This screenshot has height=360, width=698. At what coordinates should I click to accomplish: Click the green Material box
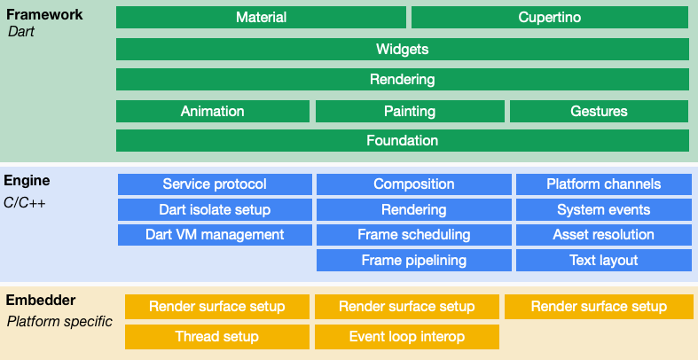point(261,18)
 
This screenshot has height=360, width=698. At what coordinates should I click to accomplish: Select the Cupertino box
point(549,18)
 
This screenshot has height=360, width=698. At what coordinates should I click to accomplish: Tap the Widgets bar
point(402,49)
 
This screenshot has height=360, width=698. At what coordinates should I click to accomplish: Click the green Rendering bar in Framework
point(402,80)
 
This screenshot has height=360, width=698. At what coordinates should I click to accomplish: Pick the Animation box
point(213,111)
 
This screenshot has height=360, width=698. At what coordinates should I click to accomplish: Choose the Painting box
point(410,111)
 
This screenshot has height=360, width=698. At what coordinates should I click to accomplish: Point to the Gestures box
point(599,111)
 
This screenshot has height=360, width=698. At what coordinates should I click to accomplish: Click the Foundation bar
point(402,140)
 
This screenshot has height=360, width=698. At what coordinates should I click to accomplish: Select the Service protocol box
point(215,184)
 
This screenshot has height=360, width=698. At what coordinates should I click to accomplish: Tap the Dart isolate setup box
point(215,210)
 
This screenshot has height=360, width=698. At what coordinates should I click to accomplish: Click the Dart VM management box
point(215,235)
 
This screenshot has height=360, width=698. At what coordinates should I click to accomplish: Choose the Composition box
point(414,184)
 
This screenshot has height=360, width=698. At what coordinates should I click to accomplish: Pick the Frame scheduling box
point(414,235)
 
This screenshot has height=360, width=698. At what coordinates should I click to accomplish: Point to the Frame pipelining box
point(414,261)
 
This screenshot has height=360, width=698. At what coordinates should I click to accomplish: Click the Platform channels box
point(603,184)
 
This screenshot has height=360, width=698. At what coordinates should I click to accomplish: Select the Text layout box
point(603,261)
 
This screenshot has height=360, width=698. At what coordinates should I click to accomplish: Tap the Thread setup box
point(217,337)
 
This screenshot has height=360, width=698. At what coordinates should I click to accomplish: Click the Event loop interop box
point(407,337)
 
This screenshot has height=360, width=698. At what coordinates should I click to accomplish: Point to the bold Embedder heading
point(41,301)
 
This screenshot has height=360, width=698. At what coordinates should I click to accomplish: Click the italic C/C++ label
point(25,203)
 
